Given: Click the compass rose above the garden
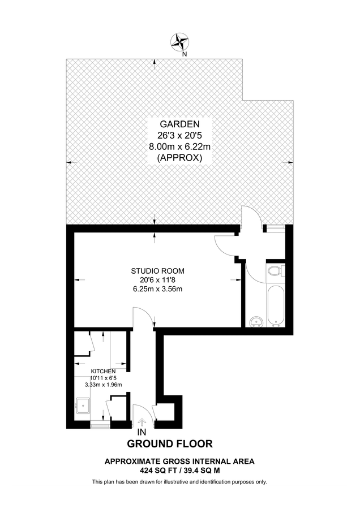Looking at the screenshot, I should pos(180,41).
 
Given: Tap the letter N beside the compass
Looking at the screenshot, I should pos(185,54).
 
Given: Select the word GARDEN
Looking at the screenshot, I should pos(179,124).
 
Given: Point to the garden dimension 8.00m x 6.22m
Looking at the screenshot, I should pos(179,147).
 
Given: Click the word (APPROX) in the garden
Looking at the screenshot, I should pos(179,158).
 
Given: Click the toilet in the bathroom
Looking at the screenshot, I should pos(276,271).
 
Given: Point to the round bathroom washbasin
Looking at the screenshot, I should pos(255,322).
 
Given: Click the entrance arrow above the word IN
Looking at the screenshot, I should pos(141,422).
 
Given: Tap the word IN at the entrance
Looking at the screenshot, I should pos(142,432).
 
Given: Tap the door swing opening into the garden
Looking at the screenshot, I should pos(249,218).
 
